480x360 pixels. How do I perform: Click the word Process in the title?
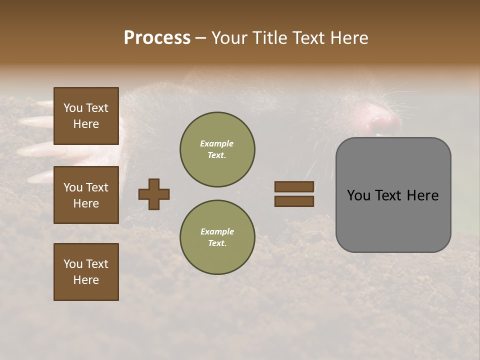pyautogui.click(x=157, y=38)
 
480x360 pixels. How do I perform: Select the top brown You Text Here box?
pyautogui.click(x=86, y=116)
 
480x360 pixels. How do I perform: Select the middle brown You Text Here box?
pyautogui.click(x=86, y=195)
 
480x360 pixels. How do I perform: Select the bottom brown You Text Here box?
pyautogui.click(x=86, y=271)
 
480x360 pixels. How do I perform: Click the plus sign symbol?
pyautogui.click(x=154, y=194)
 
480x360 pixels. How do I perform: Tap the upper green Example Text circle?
pyautogui.click(x=217, y=149)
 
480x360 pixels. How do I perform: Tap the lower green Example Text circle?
pyautogui.click(x=217, y=237)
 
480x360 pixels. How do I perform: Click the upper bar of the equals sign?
pyautogui.click(x=294, y=186)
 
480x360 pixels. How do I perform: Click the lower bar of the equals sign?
pyautogui.click(x=294, y=201)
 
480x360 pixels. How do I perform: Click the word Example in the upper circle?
pyautogui.click(x=217, y=143)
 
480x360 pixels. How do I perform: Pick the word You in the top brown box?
pyautogui.click(x=72, y=108)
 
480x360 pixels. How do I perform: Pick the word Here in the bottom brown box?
pyautogui.click(x=86, y=280)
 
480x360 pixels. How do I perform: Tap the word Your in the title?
pyautogui.click(x=230, y=38)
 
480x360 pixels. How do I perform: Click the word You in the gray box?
pyautogui.click(x=358, y=195)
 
